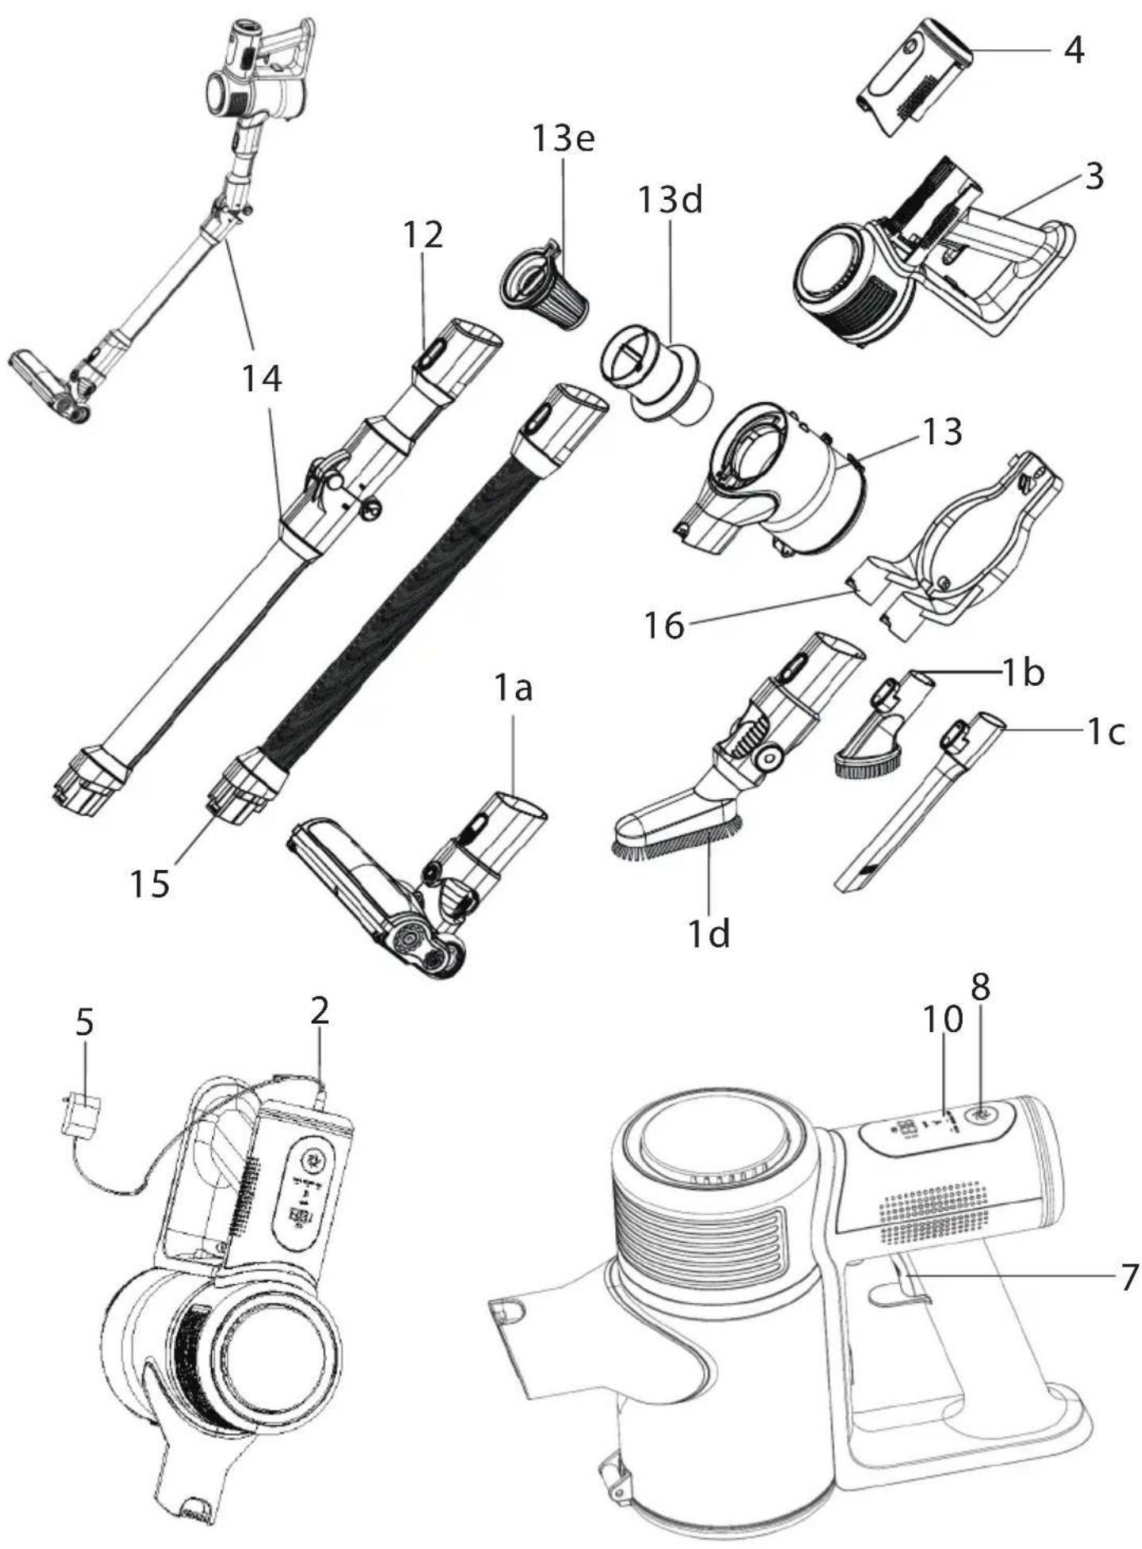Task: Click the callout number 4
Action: pyautogui.click(x=1073, y=52)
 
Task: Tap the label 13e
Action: pyautogui.click(x=563, y=139)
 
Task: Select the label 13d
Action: pyautogui.click(x=670, y=200)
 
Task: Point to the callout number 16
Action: pyautogui.click(x=664, y=626)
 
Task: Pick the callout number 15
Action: pyautogui.click(x=150, y=884)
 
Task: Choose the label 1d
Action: pyautogui.click(x=708, y=934)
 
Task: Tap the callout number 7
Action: pyautogui.click(x=1129, y=1279)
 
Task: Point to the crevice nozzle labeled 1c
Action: pyautogui.click(x=920, y=800)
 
